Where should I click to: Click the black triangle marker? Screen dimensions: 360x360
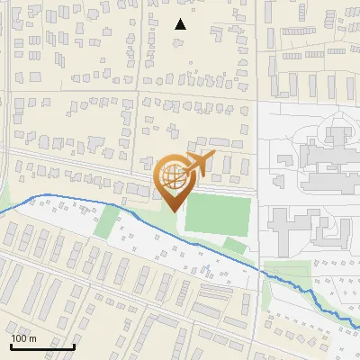tap(181, 24)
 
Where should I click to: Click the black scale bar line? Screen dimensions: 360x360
tap(42, 346)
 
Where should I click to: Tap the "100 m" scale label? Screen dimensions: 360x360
tap(24, 338)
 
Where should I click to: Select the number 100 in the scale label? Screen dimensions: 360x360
tap(20, 338)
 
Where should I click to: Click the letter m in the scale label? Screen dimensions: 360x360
tap(32, 338)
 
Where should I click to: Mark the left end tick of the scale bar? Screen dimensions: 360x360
tap(11, 345)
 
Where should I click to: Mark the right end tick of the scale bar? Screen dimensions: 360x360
tap(74, 345)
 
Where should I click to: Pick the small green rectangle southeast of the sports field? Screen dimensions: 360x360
tap(234, 244)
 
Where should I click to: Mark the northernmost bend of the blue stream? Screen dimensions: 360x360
tap(40, 195)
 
